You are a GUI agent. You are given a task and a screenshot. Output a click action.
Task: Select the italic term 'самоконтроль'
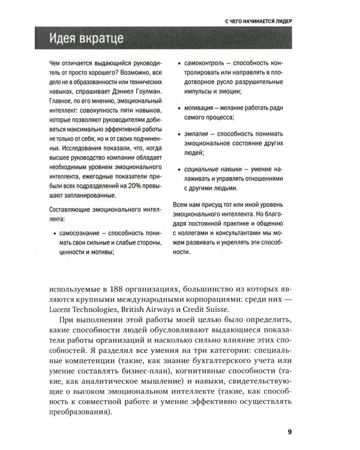(205, 62)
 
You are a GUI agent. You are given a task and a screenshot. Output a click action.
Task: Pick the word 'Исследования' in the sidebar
(76, 148)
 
